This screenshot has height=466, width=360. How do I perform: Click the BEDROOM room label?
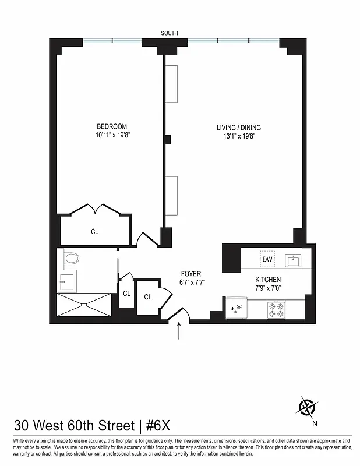111,126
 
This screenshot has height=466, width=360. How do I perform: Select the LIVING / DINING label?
239,128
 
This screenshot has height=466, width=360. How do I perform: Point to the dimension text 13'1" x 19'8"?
239,136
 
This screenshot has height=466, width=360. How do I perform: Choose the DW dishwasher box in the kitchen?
267,259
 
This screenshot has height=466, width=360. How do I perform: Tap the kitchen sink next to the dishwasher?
294,260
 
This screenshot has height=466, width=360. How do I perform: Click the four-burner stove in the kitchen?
276,309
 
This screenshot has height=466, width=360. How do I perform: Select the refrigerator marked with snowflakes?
237,309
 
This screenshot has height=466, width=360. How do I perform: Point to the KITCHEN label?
267,280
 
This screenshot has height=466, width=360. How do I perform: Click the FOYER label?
191,273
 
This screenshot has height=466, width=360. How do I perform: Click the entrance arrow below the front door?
179,332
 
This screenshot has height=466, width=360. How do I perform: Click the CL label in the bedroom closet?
94,231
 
